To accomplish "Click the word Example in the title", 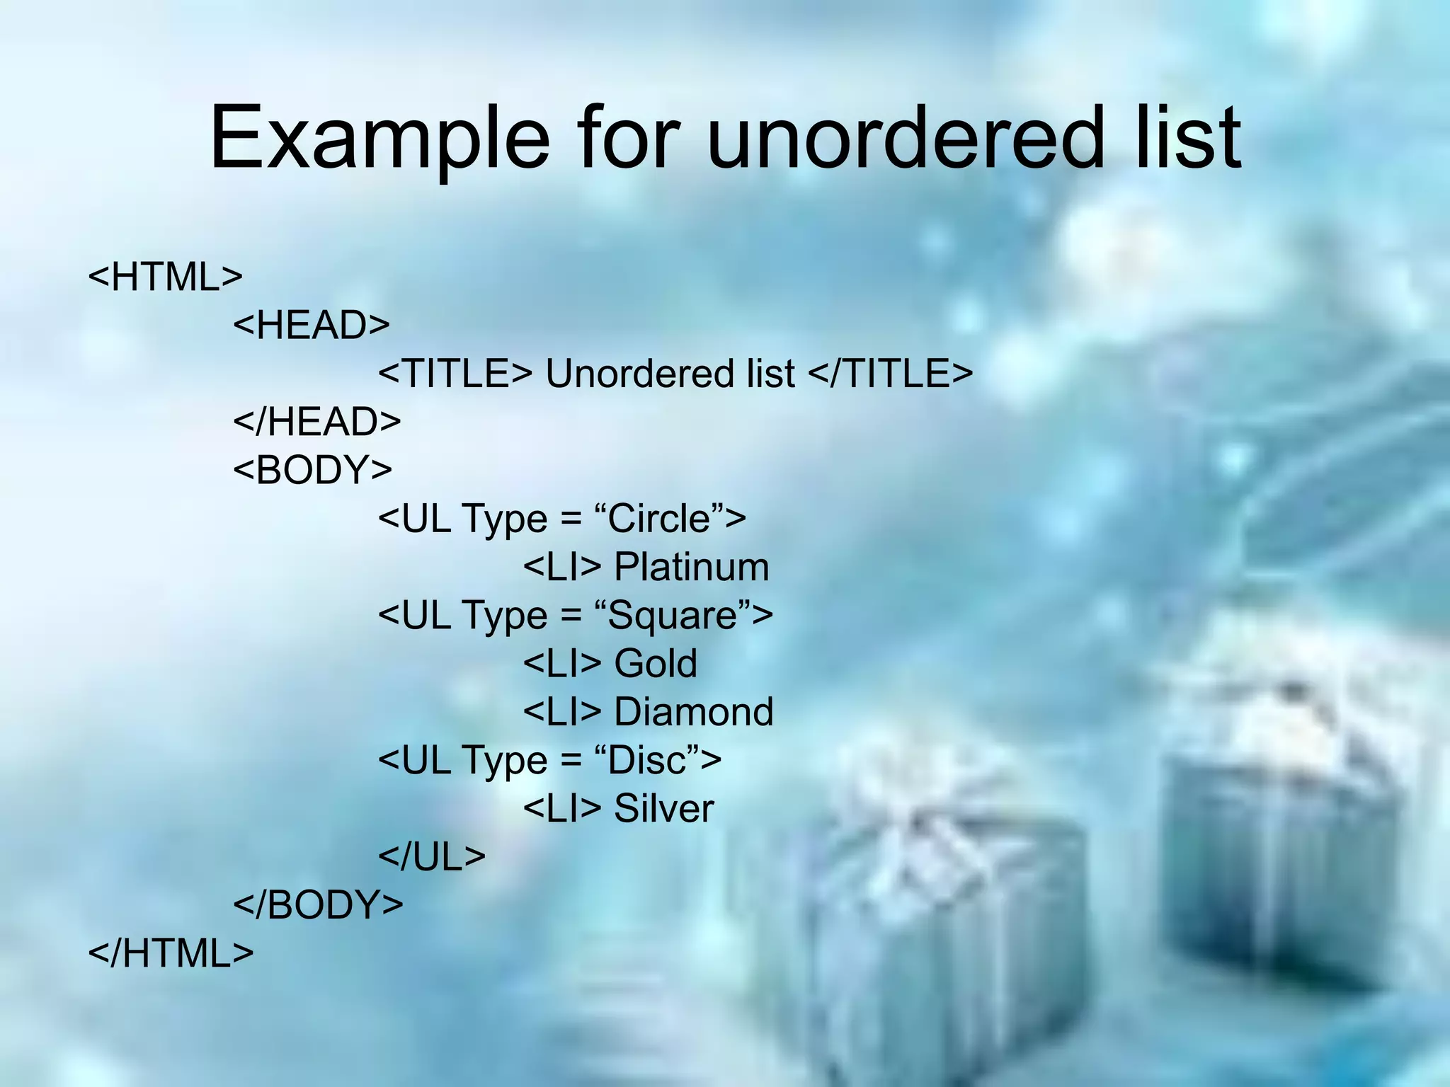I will pos(379,138).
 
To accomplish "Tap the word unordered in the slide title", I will pos(905,138).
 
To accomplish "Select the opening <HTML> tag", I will pos(165,277).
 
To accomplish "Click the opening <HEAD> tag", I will pos(312,325).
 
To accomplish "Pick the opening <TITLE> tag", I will pos(455,373).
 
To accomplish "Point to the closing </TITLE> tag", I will pos(890,373).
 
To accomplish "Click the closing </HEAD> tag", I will pos(317,422).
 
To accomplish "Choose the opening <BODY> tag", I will pos(312,470).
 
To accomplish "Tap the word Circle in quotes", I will pos(658,519).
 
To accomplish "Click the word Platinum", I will pos(691,567).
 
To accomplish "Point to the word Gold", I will pos(656,663).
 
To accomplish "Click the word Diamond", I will pos(693,712).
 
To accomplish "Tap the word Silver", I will pos(663,808).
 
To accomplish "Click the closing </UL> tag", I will pos(432,856).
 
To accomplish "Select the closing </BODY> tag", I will pos(318,904).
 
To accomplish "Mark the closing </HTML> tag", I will pos(171,953).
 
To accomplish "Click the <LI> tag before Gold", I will pos(562,663).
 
